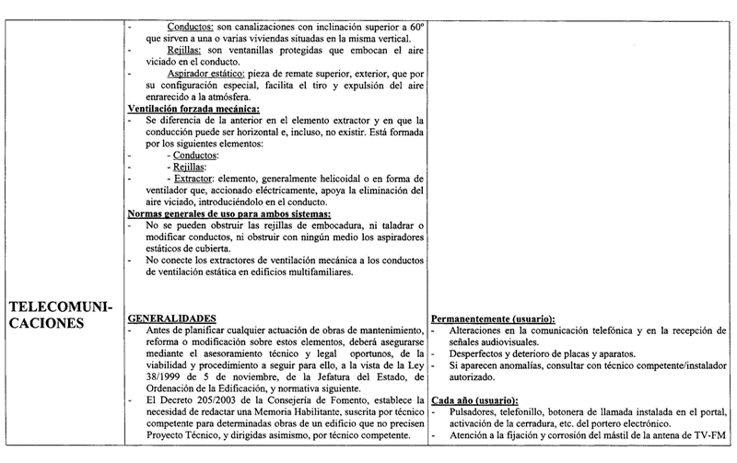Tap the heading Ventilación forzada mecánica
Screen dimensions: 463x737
point(193,109)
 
